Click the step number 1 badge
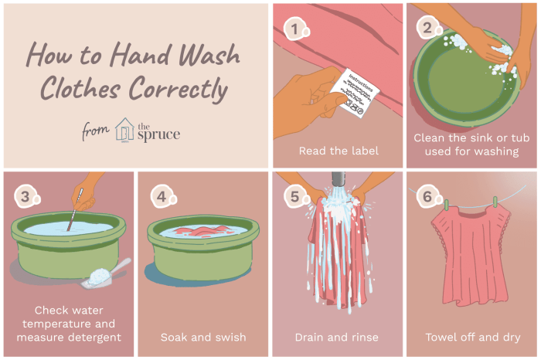pyautogui.click(x=296, y=29)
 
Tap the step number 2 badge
pyautogui.click(x=428, y=28)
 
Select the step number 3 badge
pyautogui.click(x=26, y=197)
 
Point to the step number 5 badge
pyautogui.click(x=296, y=197)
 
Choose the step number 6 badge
pyautogui.click(x=428, y=197)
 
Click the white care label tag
pyautogui.click(x=355, y=93)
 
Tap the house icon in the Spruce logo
pyautogui.click(x=124, y=130)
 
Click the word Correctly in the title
pyautogui.click(x=179, y=89)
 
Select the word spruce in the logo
pyautogui.click(x=158, y=135)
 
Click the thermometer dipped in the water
pyautogui.click(x=75, y=209)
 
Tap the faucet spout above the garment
pyautogui.click(x=339, y=180)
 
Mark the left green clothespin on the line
pyautogui.click(x=447, y=205)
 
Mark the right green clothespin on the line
pyautogui.click(x=495, y=202)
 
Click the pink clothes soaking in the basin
pyautogui.click(x=202, y=230)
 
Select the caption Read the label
pyautogui.click(x=339, y=151)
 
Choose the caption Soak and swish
pyautogui.click(x=203, y=337)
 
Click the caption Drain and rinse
pyautogui.click(x=336, y=337)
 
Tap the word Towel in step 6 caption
pyautogui.click(x=439, y=337)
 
